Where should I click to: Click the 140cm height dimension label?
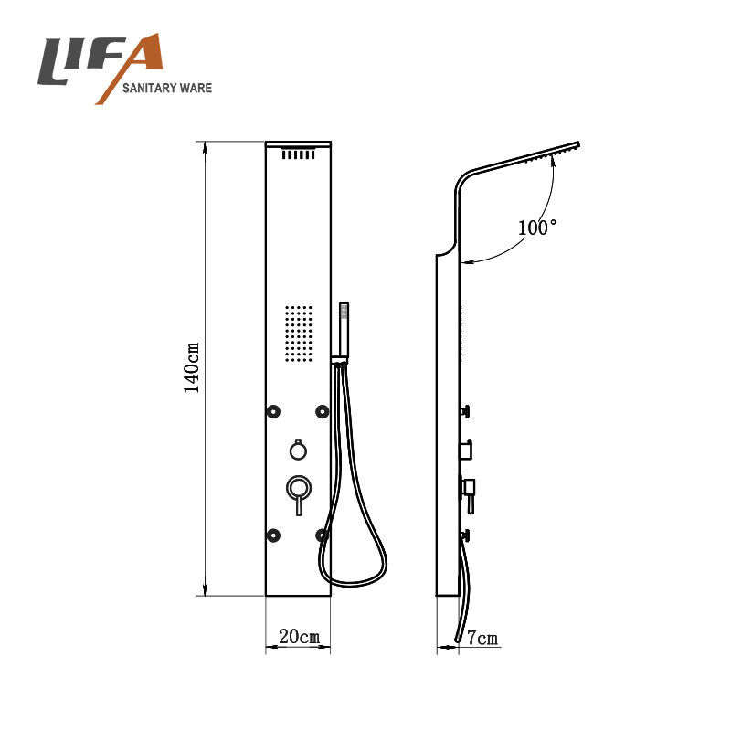(192, 368)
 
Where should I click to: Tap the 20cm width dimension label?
(300, 636)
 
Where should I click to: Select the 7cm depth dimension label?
(482, 637)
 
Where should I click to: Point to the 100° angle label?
(537, 227)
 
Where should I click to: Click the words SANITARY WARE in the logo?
(167, 88)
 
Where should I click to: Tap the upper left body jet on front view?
(273, 412)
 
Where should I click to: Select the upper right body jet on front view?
(323, 412)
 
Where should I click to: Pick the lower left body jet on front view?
(273, 535)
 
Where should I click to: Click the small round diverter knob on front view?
(298, 450)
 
